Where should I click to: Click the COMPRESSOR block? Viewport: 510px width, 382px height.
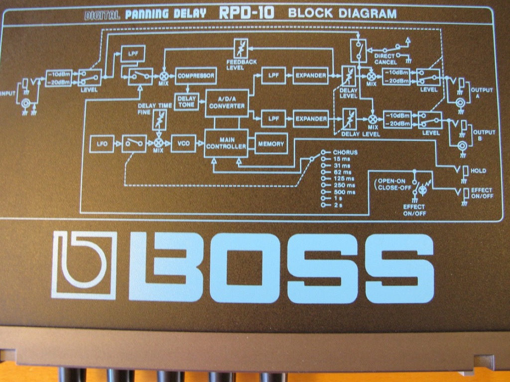(196, 76)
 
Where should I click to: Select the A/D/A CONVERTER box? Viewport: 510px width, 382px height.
(227, 103)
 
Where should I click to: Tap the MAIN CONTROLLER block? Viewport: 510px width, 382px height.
(226, 143)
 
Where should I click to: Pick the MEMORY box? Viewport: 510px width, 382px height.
(271, 144)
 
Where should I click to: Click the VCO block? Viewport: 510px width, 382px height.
(183, 143)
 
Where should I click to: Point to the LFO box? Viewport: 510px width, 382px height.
(102, 144)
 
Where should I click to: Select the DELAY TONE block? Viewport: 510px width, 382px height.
(186, 101)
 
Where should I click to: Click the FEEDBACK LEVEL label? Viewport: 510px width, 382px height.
(242, 65)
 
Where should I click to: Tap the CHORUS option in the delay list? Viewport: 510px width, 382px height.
(345, 152)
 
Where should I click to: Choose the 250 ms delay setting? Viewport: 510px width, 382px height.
(344, 186)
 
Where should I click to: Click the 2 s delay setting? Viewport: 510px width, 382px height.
(338, 205)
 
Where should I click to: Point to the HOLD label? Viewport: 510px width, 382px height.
(478, 171)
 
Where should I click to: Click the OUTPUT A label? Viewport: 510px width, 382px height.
(482, 93)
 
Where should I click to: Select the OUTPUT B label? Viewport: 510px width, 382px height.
(484, 135)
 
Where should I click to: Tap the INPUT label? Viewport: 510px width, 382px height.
(8, 94)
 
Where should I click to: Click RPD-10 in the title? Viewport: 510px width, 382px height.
(247, 13)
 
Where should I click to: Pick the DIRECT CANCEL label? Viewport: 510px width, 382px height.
(385, 59)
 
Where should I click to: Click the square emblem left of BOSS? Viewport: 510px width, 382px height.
(84, 265)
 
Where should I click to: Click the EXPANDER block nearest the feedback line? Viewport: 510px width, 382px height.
(311, 76)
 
